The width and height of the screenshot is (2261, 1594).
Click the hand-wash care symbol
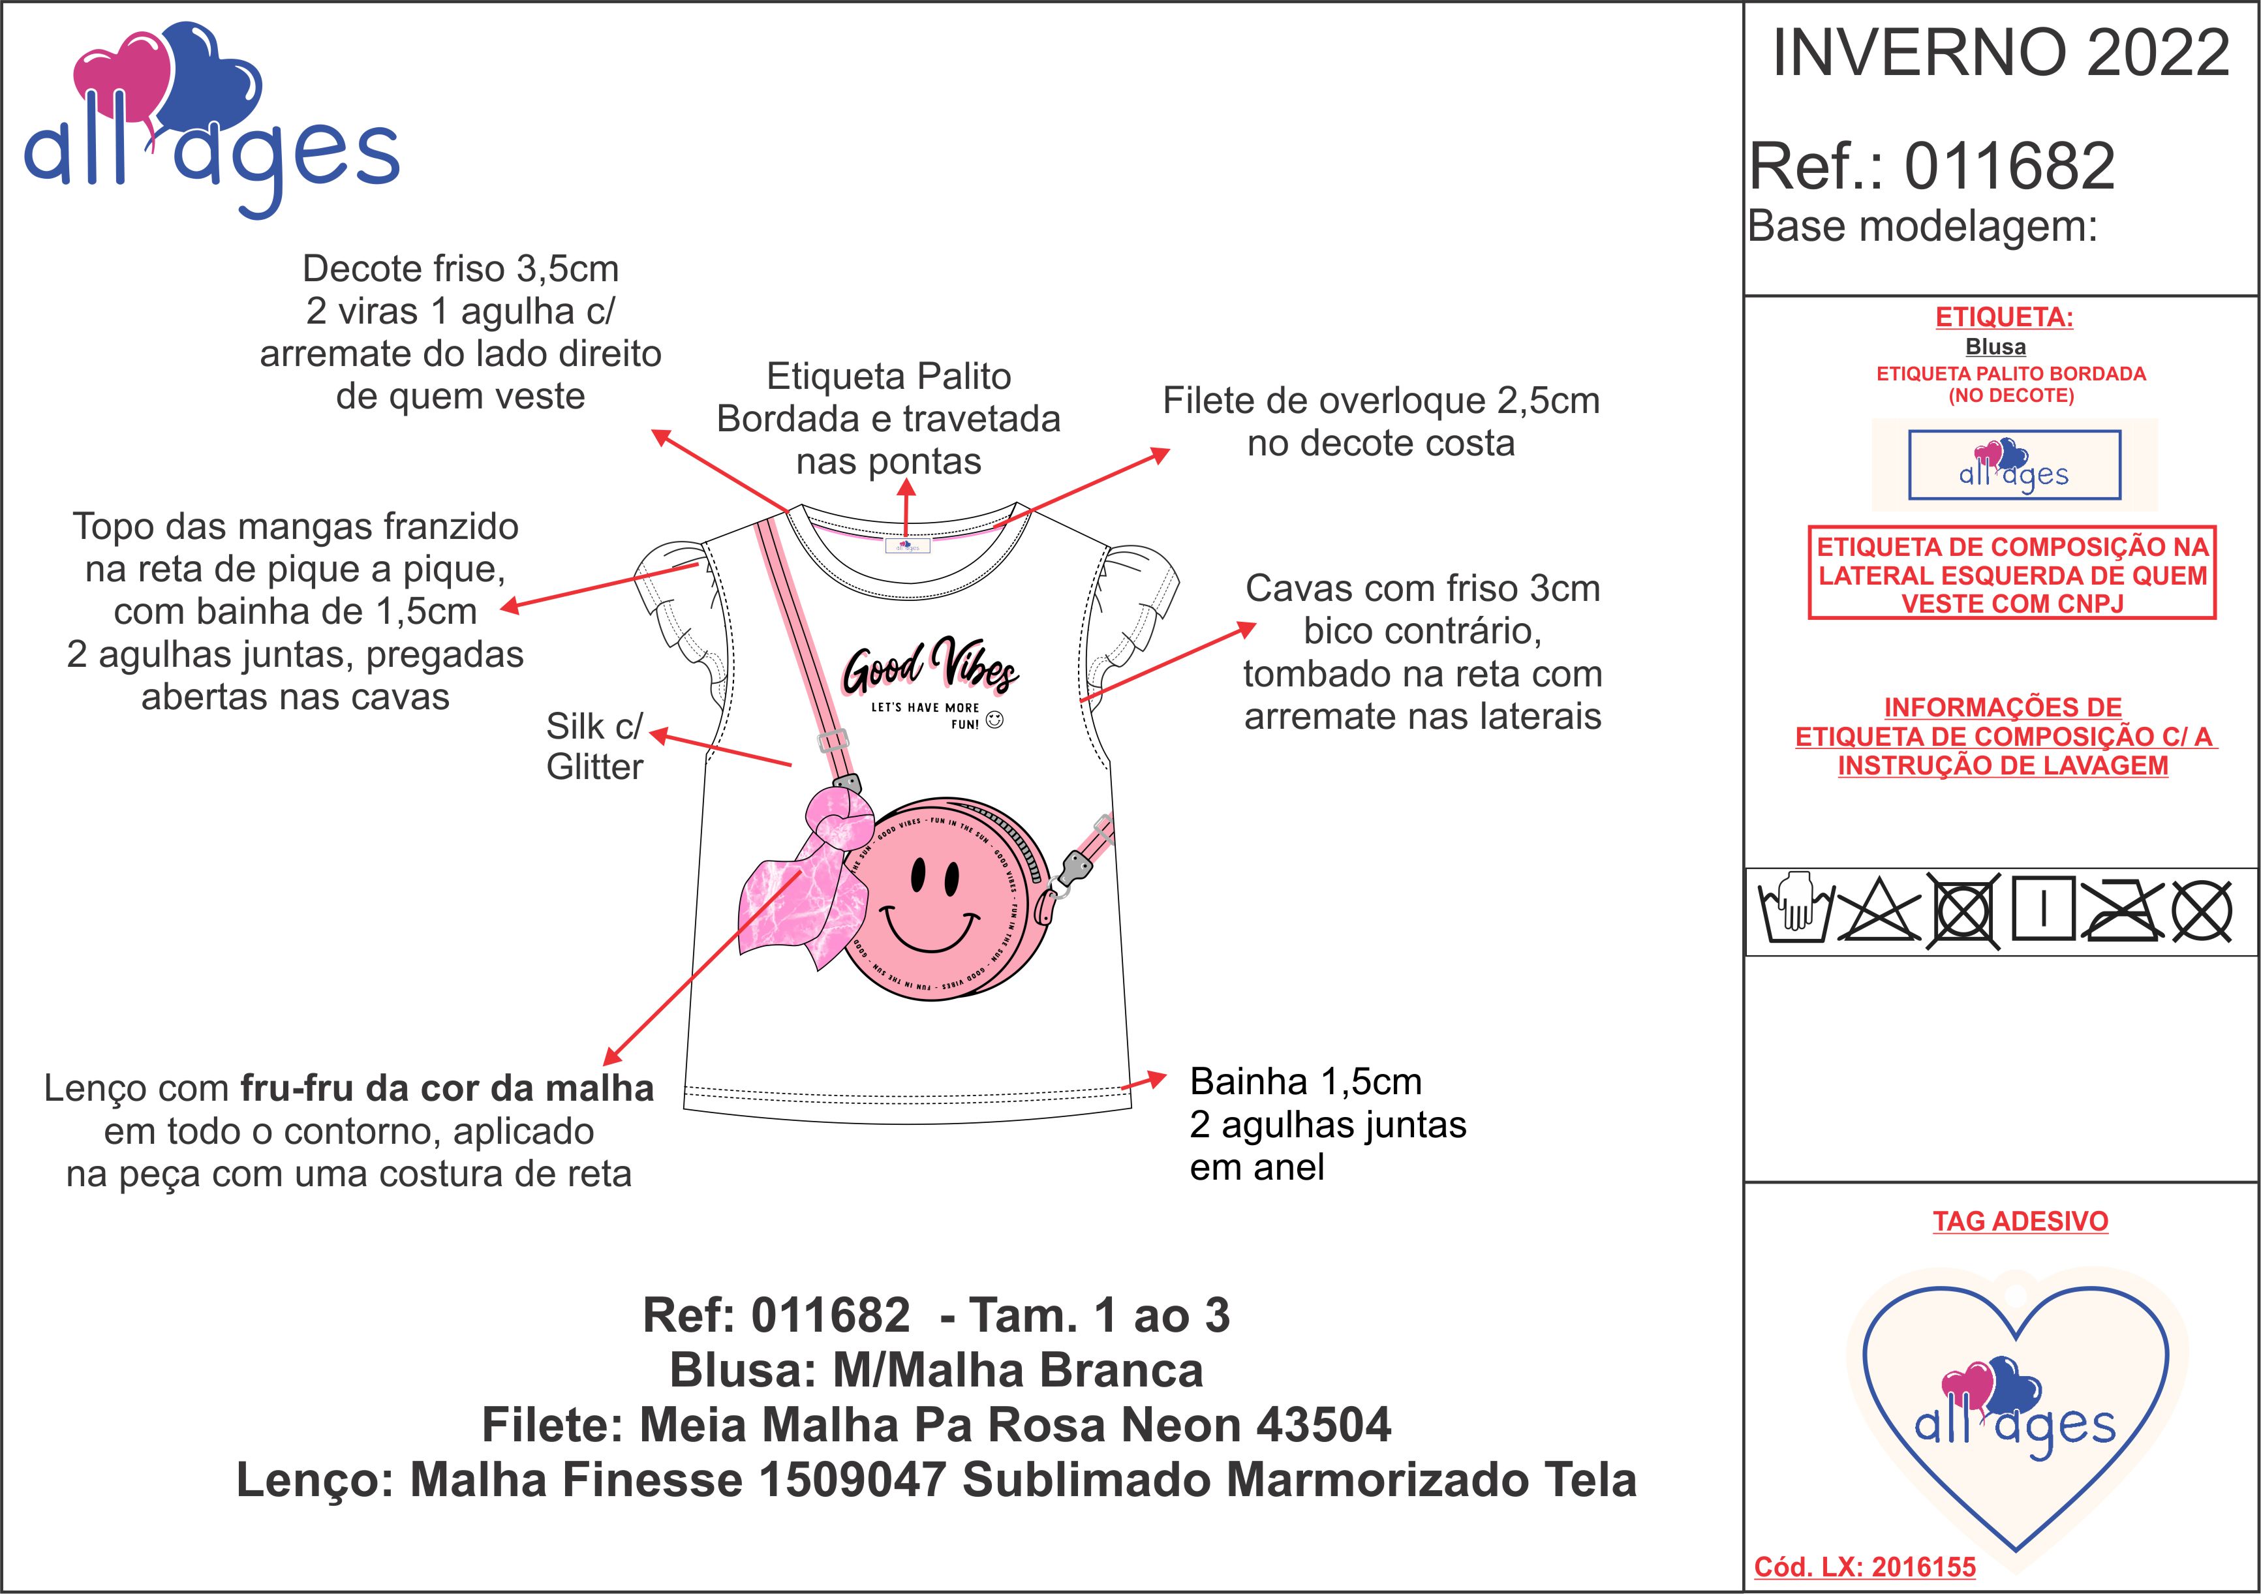click(1794, 911)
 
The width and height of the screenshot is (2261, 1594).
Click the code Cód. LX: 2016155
click(1864, 1567)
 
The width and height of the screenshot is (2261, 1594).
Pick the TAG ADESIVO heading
click(2020, 1221)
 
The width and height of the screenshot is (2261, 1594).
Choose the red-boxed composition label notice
click(2012, 574)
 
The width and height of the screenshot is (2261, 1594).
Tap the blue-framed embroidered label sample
click(2014, 465)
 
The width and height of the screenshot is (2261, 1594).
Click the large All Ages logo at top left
click(209, 118)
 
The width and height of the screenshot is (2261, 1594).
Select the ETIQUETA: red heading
click(2004, 317)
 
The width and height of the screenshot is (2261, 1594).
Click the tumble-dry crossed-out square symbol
click(1963, 912)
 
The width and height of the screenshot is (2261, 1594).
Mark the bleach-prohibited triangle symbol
click(1879, 912)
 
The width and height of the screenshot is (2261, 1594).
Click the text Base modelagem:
click(1922, 226)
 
